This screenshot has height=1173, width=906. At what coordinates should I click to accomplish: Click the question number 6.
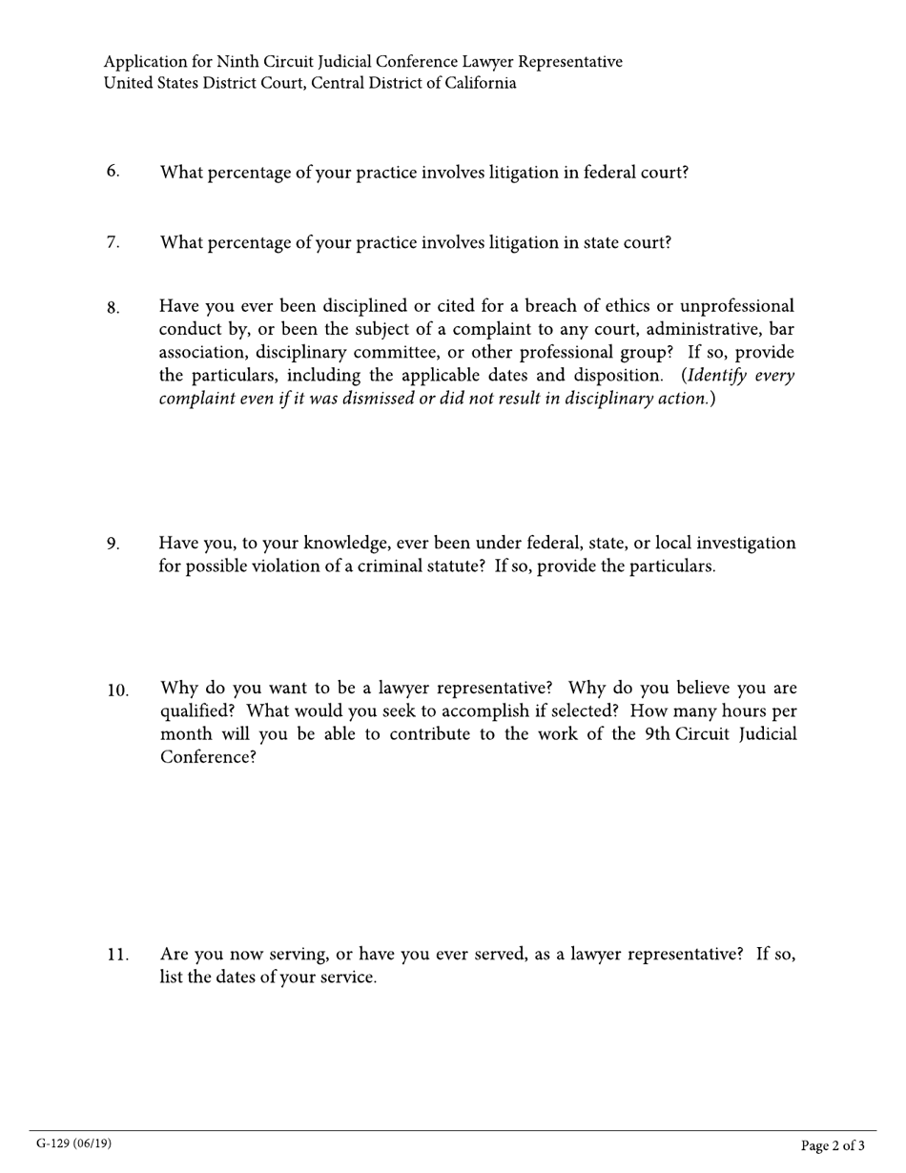113,172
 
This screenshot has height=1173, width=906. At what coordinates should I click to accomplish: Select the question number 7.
113,242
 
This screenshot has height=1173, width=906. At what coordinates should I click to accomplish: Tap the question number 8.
113,308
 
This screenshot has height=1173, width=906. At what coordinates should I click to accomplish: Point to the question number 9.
113,545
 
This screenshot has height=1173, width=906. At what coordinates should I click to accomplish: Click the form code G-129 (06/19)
73,1143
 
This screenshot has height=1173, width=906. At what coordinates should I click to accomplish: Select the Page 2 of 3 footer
833,1145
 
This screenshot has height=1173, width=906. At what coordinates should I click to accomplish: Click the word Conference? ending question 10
208,757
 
